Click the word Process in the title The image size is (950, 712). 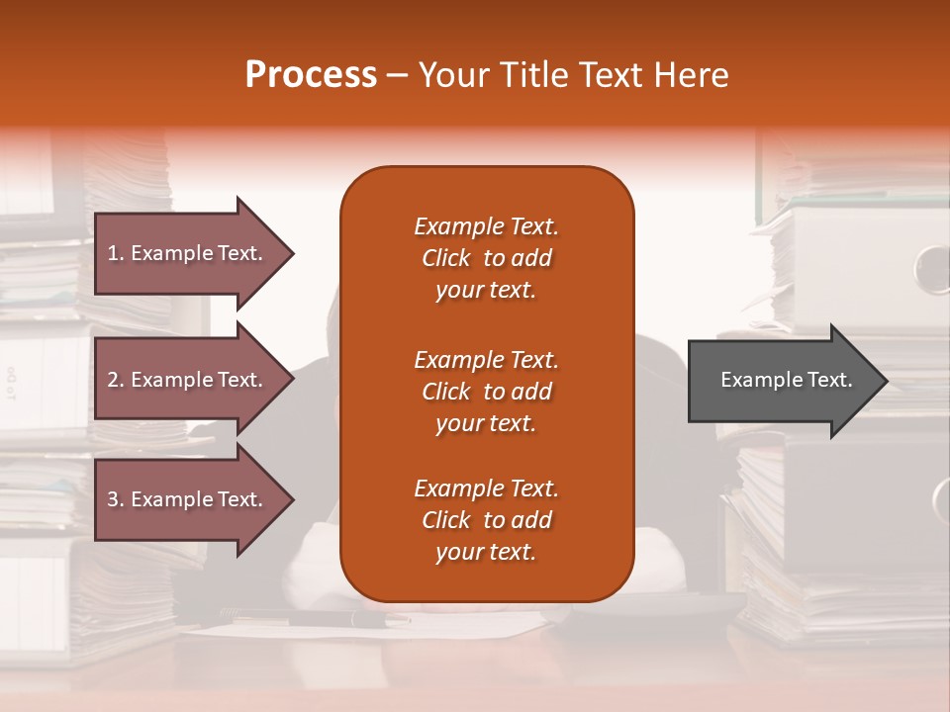point(311,75)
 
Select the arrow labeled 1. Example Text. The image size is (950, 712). point(188,253)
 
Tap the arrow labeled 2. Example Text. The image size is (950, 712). point(188,380)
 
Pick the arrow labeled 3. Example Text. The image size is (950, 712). point(188,499)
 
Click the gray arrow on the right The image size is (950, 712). point(782,380)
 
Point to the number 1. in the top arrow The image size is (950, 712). point(115,253)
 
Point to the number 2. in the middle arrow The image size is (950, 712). point(115,380)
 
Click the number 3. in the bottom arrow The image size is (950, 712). point(115,499)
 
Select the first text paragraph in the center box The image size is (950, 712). point(486,258)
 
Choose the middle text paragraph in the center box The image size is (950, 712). point(486,392)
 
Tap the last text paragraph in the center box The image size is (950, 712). point(486,520)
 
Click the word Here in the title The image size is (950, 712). point(690,75)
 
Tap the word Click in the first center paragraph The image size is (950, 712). point(445,258)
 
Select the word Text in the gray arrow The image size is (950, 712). point(828,380)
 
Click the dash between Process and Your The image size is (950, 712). point(397,76)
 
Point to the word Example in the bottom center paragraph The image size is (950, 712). point(458,489)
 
